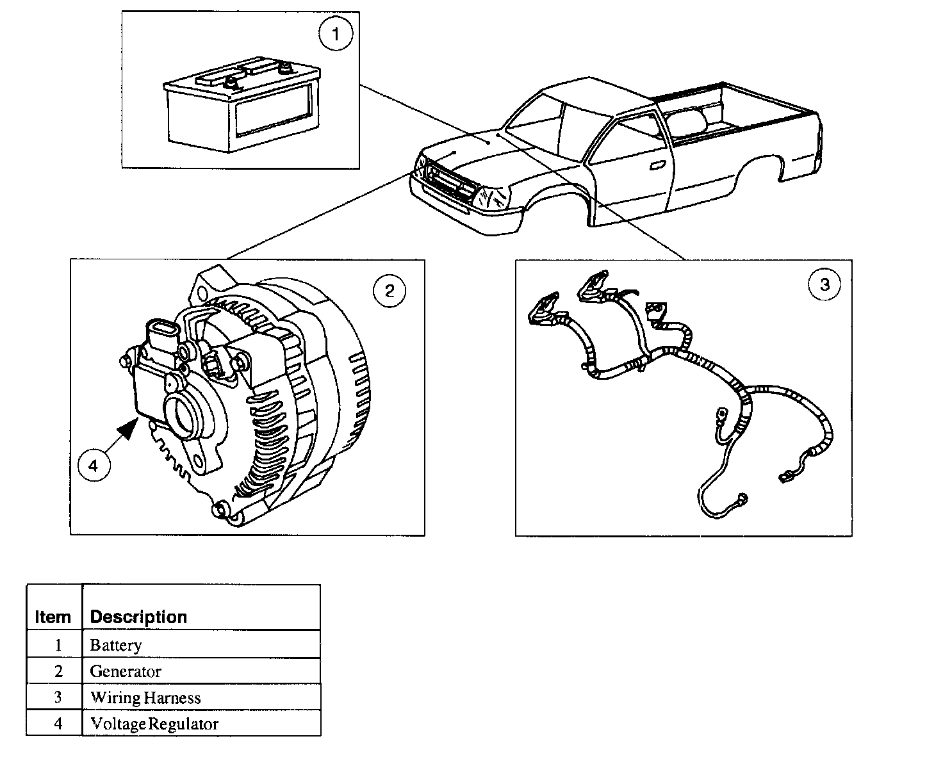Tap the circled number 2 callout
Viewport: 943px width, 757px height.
click(x=389, y=292)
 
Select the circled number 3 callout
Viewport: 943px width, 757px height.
click(x=824, y=284)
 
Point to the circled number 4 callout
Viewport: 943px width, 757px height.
click(x=94, y=466)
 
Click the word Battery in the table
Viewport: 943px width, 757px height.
click(x=116, y=645)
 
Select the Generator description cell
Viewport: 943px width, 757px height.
click(x=126, y=671)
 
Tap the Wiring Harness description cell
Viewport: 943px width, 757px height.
click(x=145, y=697)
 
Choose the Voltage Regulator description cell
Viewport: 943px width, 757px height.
click(x=154, y=724)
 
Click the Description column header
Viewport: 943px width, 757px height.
click(x=138, y=617)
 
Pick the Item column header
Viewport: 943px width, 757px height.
click(x=53, y=617)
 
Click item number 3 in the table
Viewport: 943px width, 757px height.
click(x=58, y=697)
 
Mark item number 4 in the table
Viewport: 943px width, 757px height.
click(x=58, y=724)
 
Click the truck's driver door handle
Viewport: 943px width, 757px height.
click(x=657, y=166)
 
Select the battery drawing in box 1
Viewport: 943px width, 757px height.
click(x=240, y=106)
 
